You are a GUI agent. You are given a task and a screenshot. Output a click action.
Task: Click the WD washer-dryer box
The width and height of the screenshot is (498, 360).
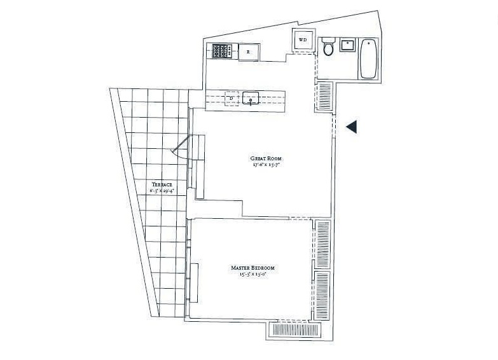tap(303, 41)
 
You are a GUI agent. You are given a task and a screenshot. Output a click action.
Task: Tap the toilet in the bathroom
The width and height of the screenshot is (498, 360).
tap(328, 46)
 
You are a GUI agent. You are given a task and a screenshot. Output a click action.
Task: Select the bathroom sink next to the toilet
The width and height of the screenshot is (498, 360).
tap(347, 46)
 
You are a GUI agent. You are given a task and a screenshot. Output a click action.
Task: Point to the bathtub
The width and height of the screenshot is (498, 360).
tap(368, 60)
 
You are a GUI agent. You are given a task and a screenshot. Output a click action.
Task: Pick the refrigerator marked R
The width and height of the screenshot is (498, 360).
tap(249, 51)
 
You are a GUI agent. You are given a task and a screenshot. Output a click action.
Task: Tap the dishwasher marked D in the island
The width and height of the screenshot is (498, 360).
tap(232, 98)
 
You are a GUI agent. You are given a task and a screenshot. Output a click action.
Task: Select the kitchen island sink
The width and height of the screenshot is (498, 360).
tap(251, 99)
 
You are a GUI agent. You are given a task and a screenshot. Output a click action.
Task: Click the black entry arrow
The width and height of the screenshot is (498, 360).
tap(352, 127)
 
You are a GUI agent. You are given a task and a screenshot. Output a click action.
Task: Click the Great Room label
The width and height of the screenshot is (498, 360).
tap(266, 158)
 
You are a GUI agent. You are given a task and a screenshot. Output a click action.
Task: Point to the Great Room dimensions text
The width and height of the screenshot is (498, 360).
tap(266, 165)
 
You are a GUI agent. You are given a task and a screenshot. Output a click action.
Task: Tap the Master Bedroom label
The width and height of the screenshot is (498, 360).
tap(253, 268)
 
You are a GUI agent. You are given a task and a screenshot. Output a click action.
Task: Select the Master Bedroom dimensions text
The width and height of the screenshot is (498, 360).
tap(253, 275)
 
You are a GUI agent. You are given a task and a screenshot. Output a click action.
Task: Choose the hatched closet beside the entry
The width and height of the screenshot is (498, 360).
tap(324, 97)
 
